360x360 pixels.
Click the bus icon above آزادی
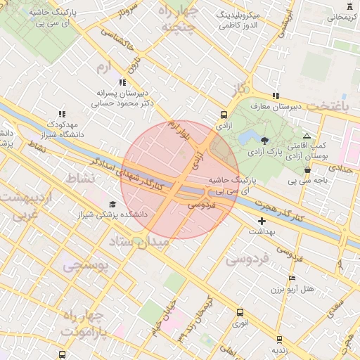(224, 114)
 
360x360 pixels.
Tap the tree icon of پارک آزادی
(264, 140)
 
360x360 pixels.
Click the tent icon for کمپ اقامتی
(307, 136)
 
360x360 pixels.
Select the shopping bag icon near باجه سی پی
(307, 169)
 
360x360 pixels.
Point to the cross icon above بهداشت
(262, 221)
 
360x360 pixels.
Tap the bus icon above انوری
(240, 312)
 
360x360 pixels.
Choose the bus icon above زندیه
(279, 339)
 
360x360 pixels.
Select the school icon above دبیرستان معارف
(276, 96)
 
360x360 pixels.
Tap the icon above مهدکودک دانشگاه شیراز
(62, 113)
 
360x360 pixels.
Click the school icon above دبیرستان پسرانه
(123, 82)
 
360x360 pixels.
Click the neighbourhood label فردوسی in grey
(247, 259)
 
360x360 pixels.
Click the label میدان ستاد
(139, 243)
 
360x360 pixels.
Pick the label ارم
(103, 67)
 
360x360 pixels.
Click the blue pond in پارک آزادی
(247, 139)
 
